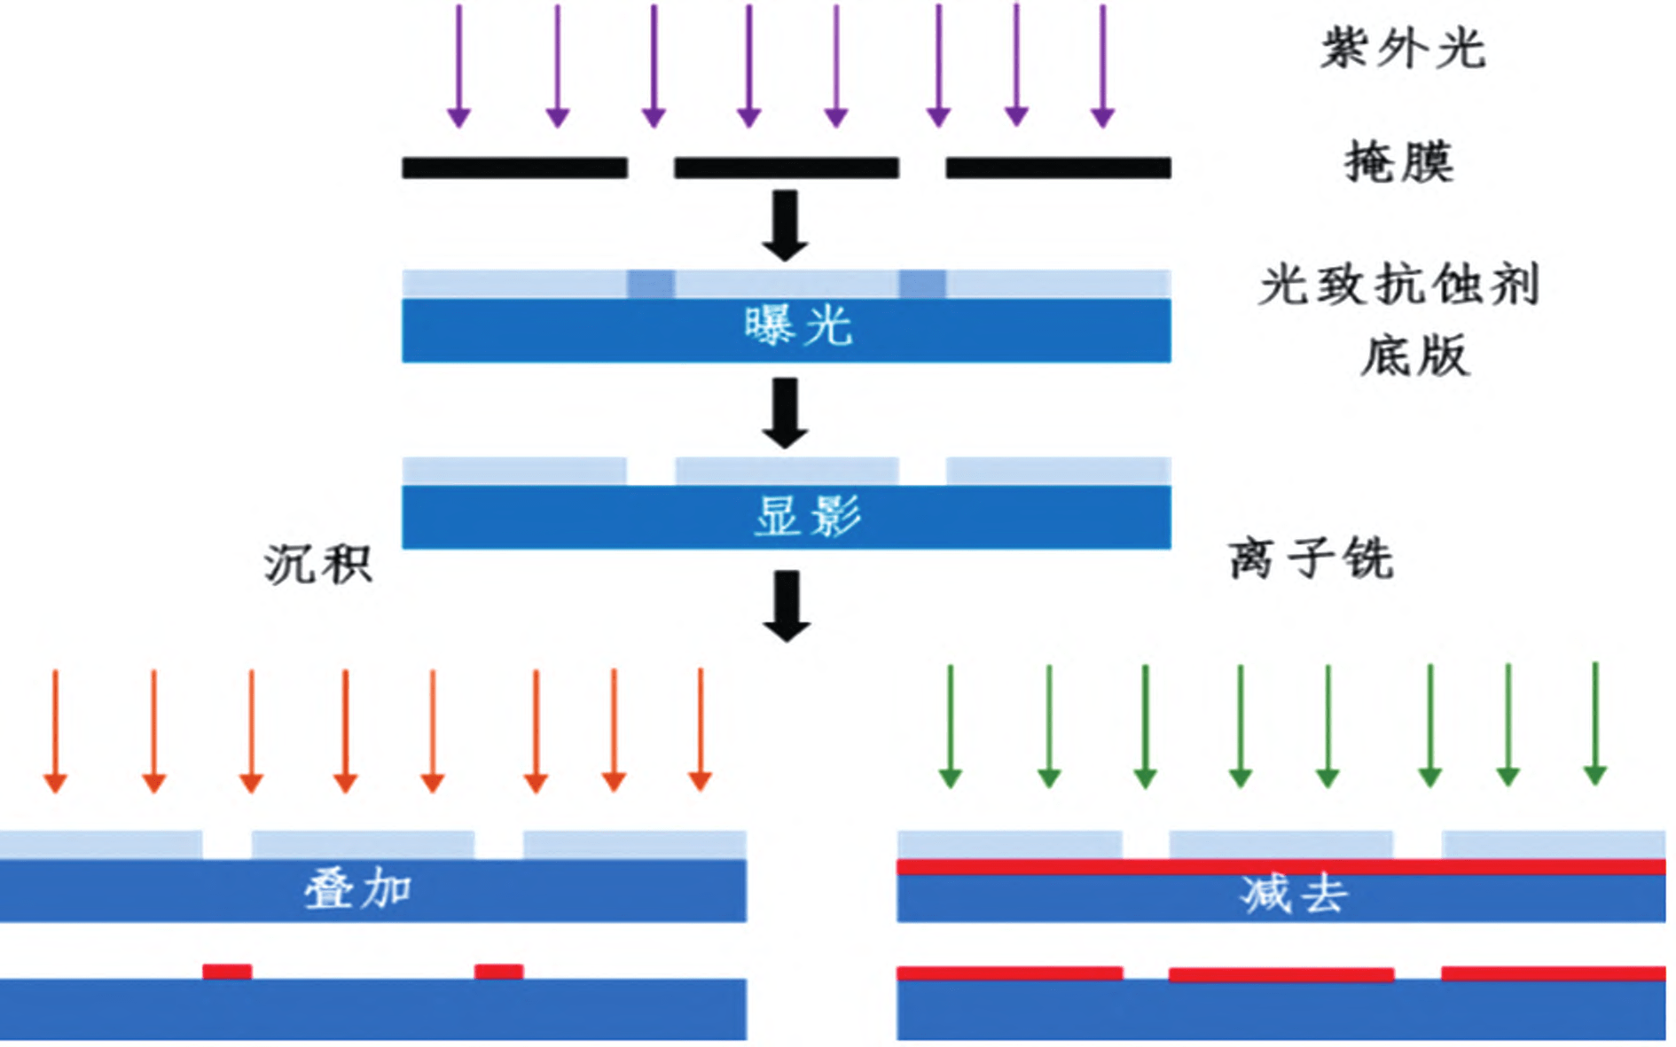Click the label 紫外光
coord(1402,48)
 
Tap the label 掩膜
coord(1399,162)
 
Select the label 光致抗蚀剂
coord(1398,285)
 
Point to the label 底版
coord(1414,356)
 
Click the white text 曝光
coord(797,326)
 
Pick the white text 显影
coord(806,515)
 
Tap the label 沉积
coord(317,564)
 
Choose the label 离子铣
coord(1311,559)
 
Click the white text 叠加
coord(357,888)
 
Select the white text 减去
coord(1294,894)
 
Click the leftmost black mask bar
coord(514,168)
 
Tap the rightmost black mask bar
coord(1058,168)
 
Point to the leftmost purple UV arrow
coord(458,66)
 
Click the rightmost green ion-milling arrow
coord(1594,723)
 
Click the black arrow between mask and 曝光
coord(786,225)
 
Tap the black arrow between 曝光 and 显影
coord(786,413)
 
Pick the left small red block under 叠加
coord(227,972)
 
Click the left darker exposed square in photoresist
coord(651,285)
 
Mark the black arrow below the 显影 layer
coord(787,606)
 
